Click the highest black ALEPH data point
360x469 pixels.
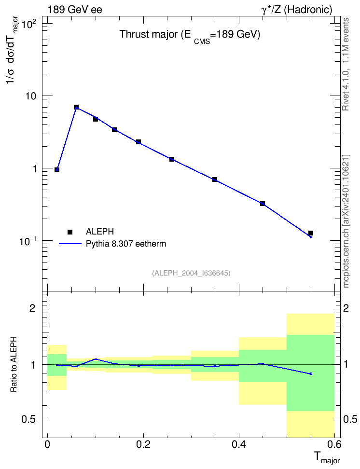76,107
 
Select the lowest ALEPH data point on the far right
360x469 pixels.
311,233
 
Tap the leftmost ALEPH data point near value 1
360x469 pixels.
57,169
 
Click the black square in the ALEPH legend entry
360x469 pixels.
70,232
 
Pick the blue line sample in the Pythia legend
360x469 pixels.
70,244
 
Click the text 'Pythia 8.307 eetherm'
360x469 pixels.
126,244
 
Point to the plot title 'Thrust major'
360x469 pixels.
149,34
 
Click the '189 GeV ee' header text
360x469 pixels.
75,10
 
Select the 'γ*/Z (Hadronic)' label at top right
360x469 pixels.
297,10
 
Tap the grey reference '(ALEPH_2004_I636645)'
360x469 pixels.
191,273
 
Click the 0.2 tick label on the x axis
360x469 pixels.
143,444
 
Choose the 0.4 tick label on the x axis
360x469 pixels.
239,444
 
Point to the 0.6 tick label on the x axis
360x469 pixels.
334,444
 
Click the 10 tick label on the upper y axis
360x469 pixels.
31,97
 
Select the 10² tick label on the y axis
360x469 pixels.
29,24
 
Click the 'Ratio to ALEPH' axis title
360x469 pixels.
14,364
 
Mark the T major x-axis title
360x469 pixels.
327,457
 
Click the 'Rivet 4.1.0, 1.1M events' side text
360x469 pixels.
346,64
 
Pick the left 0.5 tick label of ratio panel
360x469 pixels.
28,420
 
